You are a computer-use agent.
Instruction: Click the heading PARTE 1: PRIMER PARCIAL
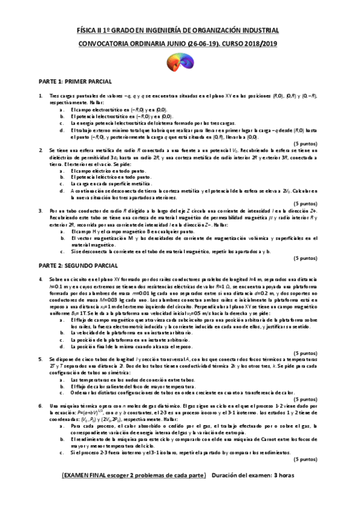click(x=76, y=81)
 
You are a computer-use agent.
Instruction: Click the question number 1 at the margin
click(x=40, y=96)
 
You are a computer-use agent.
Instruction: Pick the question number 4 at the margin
click(x=40, y=280)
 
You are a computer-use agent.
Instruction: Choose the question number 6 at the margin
click(x=40, y=407)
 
